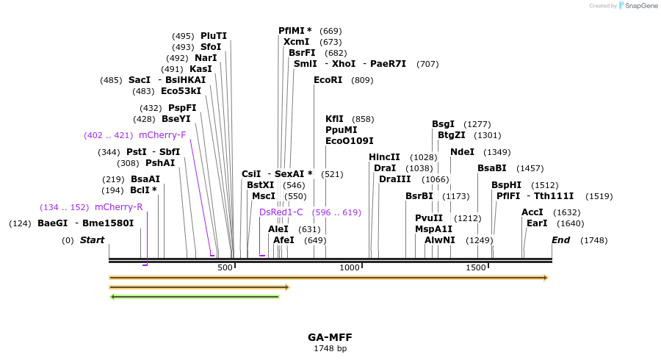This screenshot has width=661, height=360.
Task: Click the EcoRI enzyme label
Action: (328, 80)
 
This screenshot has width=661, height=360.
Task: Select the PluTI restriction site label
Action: (214, 36)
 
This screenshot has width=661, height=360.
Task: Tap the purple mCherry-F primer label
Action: (162, 135)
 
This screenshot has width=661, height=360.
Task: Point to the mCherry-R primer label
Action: (119, 207)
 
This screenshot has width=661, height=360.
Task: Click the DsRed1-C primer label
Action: (281, 212)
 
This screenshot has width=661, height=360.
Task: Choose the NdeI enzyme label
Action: (463, 152)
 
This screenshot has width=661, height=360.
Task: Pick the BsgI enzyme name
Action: (443, 124)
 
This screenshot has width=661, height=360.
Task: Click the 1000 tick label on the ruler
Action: (349, 267)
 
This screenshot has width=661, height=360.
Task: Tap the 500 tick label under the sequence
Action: (224, 267)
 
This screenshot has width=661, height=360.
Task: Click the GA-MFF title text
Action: (330, 337)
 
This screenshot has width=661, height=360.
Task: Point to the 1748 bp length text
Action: (330, 348)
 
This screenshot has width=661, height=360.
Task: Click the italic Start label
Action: (92, 240)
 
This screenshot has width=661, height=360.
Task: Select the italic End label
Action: (560, 240)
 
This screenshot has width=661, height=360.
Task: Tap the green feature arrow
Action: (195, 297)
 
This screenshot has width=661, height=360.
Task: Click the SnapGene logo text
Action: (638, 6)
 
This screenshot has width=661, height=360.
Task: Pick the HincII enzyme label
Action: (384, 157)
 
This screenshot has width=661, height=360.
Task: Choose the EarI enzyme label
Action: (537, 223)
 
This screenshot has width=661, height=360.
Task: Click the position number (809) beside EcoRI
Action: (363, 80)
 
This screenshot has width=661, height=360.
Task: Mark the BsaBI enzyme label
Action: (492, 168)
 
